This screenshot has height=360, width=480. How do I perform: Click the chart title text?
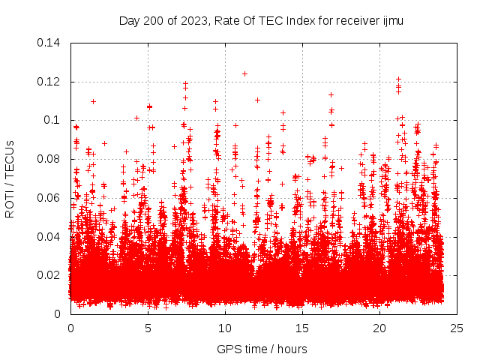[x=261, y=21]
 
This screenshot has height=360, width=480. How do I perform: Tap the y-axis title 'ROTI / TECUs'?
[x=10, y=178]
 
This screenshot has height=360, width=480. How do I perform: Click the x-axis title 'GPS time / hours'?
[x=261, y=349]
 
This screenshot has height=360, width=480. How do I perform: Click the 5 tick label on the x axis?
[x=148, y=328]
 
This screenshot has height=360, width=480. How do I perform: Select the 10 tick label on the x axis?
[x=225, y=328]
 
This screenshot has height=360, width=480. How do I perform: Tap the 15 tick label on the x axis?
[x=302, y=328]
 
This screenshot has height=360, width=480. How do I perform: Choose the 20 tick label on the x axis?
[x=379, y=328]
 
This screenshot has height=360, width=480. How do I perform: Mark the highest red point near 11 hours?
[x=244, y=73]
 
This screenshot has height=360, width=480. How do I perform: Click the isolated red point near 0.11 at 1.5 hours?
[x=93, y=101]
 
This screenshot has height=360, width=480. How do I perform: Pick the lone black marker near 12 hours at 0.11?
[x=257, y=100]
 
